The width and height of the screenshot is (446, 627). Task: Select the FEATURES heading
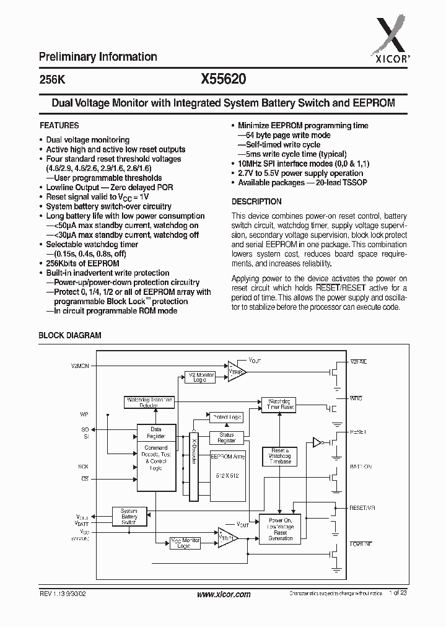tap(59, 125)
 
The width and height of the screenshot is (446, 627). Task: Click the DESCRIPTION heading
tap(256, 201)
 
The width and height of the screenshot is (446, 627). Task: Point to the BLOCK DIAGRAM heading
tap(70, 335)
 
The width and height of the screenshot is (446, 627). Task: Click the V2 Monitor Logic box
tap(200, 377)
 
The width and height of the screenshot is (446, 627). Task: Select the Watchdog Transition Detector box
tap(149, 401)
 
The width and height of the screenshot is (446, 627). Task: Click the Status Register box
tap(227, 437)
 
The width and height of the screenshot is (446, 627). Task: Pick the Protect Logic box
tap(226, 417)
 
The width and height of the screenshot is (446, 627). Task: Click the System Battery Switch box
tap(129, 516)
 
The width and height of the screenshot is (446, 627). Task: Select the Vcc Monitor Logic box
tap(185, 543)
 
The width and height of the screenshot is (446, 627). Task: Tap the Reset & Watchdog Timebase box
tap(279, 457)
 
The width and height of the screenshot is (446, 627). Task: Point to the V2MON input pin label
tap(80, 366)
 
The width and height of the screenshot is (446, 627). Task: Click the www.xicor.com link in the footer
tap(223, 594)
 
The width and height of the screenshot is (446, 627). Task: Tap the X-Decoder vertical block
tap(193, 462)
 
